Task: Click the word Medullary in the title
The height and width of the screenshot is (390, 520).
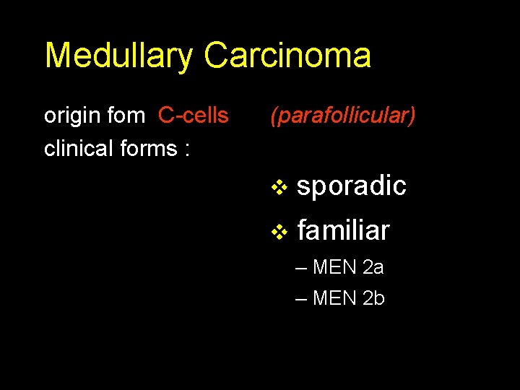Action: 118,56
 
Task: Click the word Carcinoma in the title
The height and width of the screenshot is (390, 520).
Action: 287,56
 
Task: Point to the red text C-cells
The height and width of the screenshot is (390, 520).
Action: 193,116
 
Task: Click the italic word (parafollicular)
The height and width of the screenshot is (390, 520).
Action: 343,116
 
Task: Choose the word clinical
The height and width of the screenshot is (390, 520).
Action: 75,148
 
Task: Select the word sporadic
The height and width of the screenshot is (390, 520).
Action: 352,186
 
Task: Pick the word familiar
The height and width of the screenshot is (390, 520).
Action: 343,231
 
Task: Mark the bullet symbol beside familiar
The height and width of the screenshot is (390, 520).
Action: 279,233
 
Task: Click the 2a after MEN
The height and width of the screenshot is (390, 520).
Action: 373,268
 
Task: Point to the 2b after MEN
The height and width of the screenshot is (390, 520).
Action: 373,298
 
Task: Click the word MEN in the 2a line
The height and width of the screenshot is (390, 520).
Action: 335,268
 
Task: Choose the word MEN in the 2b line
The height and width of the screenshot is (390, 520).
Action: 335,298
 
